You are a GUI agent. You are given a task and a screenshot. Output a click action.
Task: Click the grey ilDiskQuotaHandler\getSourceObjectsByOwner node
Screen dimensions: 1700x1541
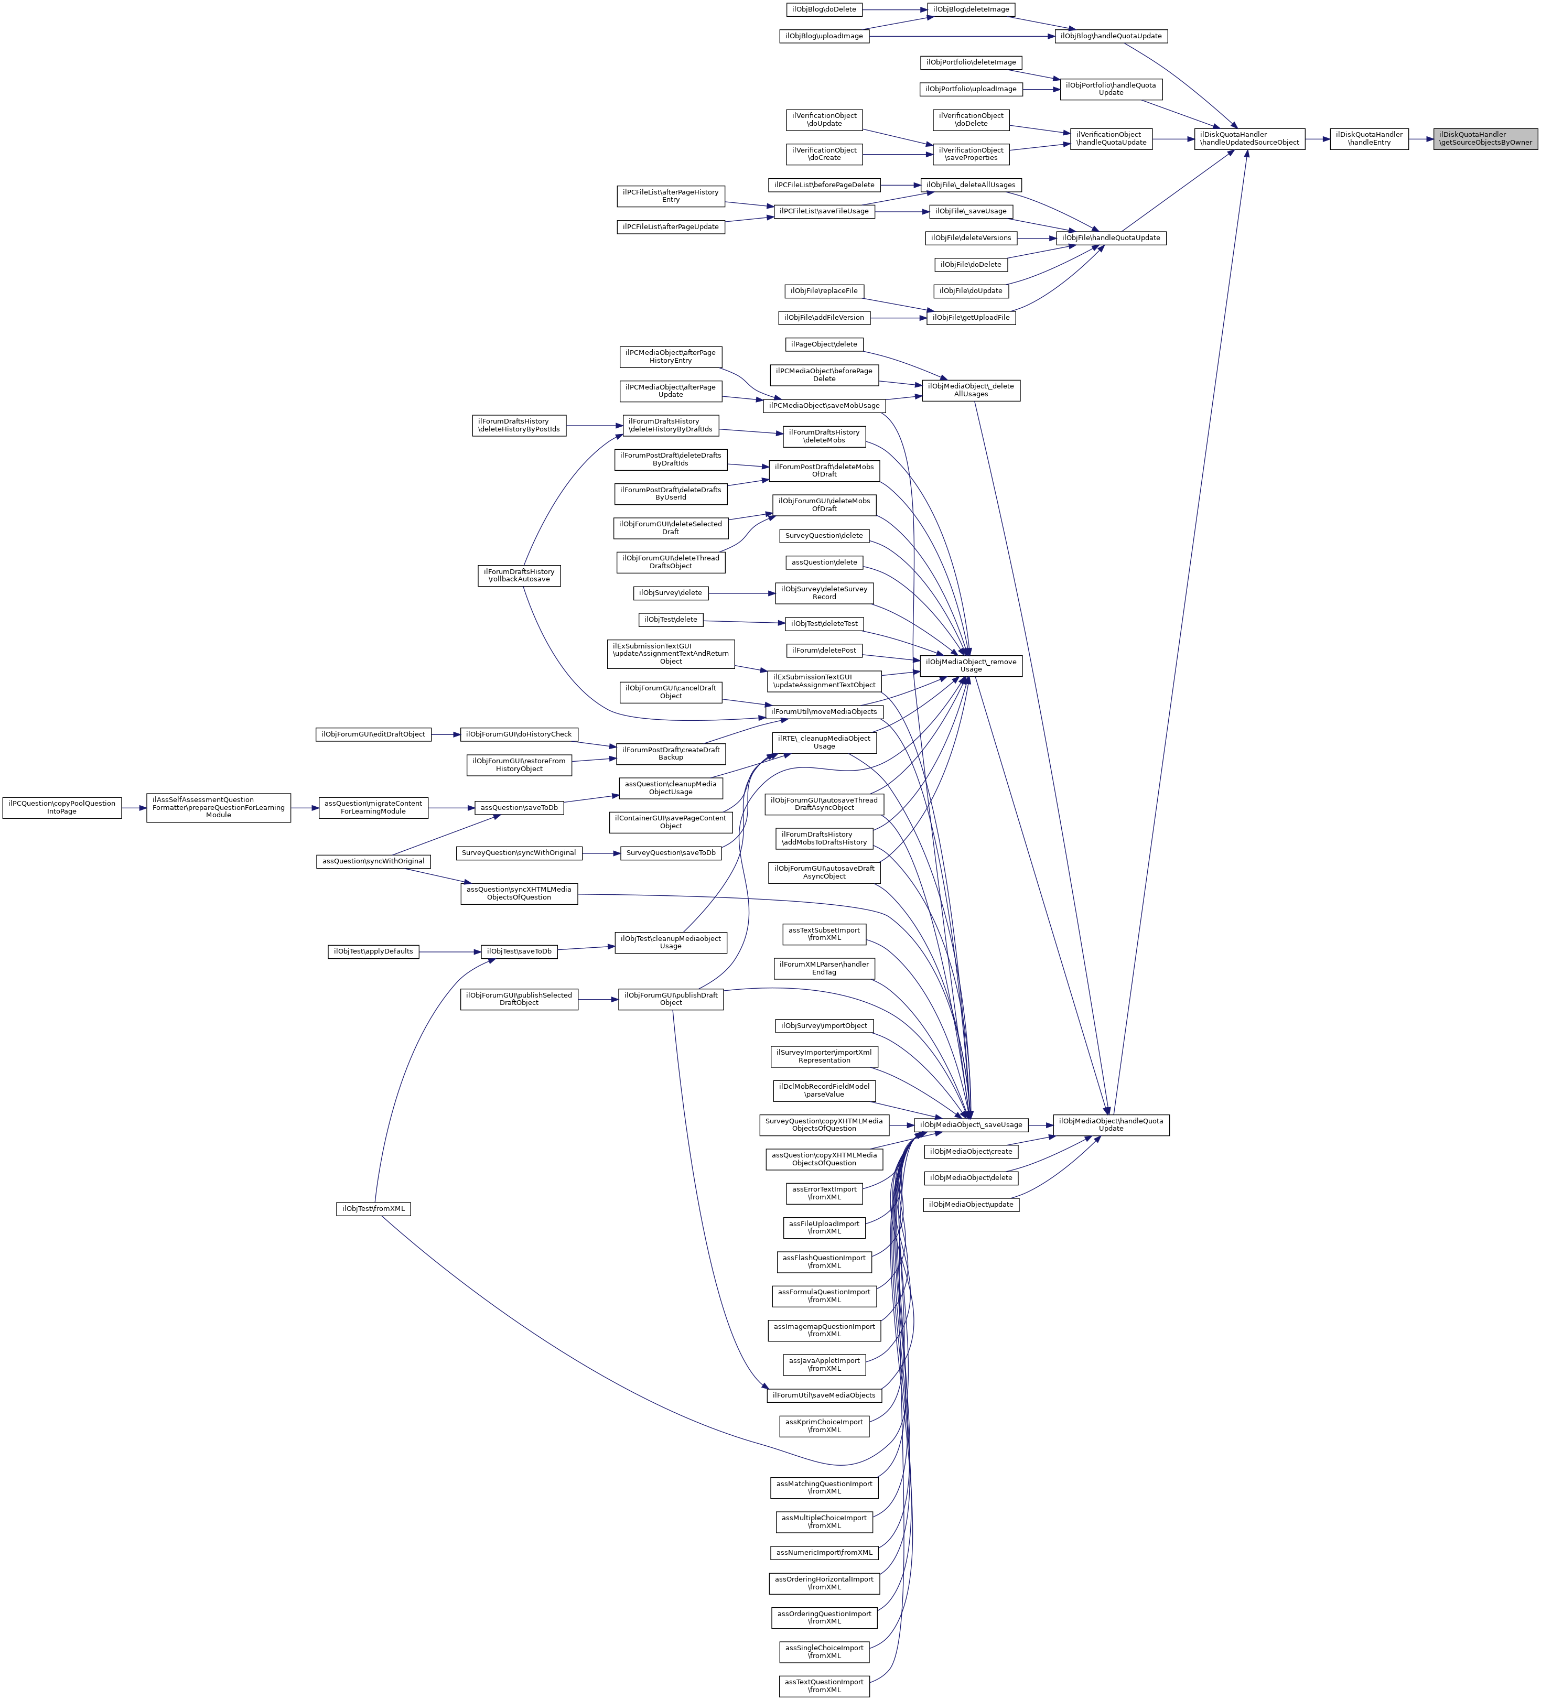pos(1484,138)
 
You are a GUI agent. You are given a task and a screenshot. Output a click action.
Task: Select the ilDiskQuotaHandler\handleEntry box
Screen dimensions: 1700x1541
pos(1368,138)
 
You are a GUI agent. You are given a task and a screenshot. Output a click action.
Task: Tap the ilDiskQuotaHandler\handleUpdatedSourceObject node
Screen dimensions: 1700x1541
pos(1249,138)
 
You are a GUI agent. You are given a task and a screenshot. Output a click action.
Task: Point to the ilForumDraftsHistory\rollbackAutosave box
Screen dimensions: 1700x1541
pos(519,575)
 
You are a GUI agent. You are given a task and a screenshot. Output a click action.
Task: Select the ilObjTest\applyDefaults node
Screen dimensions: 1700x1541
pos(373,951)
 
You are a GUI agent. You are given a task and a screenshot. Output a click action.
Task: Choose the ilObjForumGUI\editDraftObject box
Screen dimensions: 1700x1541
pos(373,734)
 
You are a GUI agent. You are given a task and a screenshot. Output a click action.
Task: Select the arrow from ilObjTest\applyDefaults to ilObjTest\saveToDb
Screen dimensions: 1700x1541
pos(449,951)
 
